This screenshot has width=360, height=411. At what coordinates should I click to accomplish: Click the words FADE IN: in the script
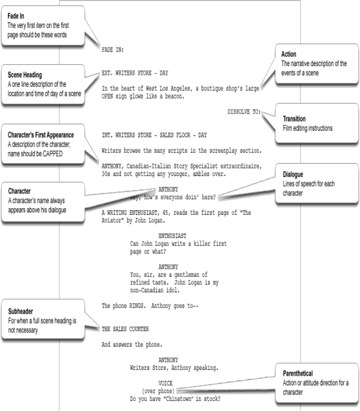112,50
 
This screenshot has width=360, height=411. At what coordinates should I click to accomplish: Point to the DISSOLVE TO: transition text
244,112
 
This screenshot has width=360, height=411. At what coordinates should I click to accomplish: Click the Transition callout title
294,118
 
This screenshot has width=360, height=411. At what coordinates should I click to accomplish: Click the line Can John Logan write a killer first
178,244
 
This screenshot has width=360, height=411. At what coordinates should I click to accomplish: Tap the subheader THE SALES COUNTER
125,329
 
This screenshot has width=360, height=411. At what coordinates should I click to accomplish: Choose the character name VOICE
166,383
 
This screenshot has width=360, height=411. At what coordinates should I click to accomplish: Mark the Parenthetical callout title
297,373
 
